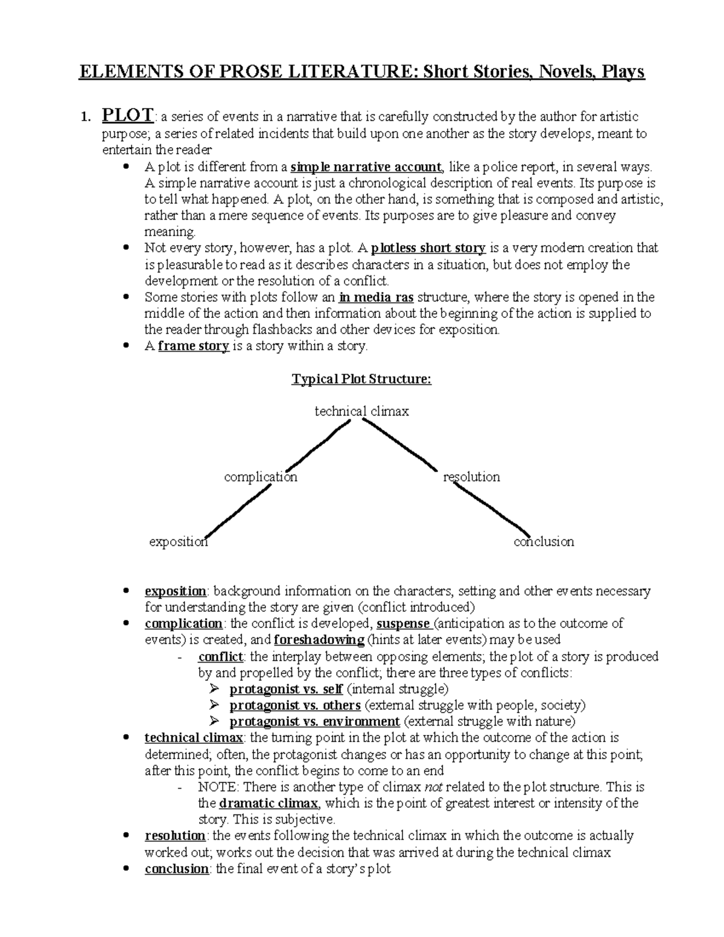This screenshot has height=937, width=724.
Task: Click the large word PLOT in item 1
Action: (x=128, y=114)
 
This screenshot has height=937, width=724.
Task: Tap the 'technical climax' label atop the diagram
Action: (x=361, y=411)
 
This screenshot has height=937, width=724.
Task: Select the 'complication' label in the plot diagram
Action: (x=261, y=477)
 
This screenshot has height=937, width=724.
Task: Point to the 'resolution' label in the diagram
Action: (x=471, y=477)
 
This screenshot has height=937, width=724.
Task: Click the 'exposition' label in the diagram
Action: (x=178, y=541)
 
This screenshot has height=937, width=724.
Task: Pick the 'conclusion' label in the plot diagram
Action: (x=544, y=541)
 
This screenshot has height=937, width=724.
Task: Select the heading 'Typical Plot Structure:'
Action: (x=361, y=379)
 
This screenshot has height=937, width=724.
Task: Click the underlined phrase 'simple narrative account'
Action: (x=366, y=167)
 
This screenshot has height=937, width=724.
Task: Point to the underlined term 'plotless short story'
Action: (x=428, y=248)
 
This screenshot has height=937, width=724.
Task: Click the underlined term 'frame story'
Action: (x=193, y=346)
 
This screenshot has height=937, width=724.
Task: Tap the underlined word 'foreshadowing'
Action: (x=319, y=640)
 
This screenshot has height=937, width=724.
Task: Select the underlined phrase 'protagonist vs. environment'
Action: (x=314, y=722)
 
